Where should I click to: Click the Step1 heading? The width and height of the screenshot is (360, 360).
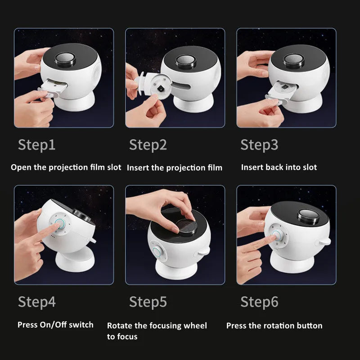pos(37,145)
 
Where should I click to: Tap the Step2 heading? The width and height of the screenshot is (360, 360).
pos(148,145)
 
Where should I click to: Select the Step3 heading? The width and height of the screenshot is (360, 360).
pos(260,145)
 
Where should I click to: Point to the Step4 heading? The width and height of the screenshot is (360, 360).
pos(37,302)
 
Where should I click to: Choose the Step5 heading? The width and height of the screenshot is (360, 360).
pos(148,302)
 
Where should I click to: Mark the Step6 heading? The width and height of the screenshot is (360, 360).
pos(260,302)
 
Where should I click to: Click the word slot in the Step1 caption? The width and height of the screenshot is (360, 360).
pos(114,167)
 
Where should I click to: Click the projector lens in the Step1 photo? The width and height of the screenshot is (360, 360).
pos(65,59)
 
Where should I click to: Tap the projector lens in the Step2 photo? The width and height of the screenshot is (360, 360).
pos(186,61)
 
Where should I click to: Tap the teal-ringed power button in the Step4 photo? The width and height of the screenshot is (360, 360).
pos(59,223)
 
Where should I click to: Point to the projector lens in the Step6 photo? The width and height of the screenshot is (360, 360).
pos(308,216)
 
